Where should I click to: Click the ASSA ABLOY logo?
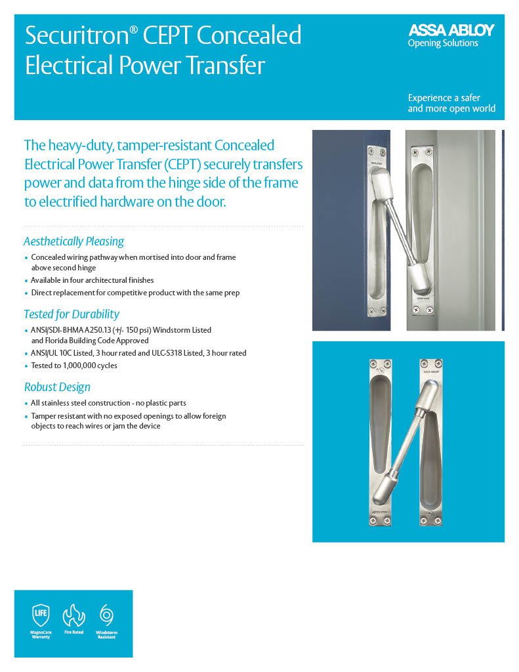(x=451, y=30)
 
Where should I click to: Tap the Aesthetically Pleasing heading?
(x=73, y=241)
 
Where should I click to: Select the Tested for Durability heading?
(x=72, y=314)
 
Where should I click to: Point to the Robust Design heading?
(x=57, y=387)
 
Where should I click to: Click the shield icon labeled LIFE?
(x=41, y=616)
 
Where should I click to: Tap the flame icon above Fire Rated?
(x=73, y=616)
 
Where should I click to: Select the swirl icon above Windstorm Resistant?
(x=106, y=615)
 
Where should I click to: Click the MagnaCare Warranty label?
(x=41, y=635)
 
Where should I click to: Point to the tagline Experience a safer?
(x=444, y=98)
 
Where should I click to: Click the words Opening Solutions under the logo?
(x=443, y=43)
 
